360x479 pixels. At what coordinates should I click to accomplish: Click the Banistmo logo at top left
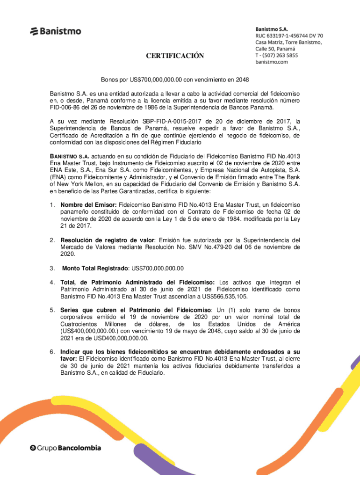point(55,31)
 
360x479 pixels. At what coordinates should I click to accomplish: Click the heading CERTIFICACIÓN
point(175,56)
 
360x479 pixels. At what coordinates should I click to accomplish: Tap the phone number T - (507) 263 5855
point(276,55)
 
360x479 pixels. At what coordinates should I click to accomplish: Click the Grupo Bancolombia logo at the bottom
point(65,448)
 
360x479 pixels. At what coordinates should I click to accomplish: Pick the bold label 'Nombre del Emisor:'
point(89,205)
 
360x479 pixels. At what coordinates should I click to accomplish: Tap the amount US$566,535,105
point(222,297)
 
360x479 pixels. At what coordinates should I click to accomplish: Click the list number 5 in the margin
point(53,311)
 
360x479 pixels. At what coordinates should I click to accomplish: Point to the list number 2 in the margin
point(53,240)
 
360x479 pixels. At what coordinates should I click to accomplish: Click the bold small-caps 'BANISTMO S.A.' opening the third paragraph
point(70,155)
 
